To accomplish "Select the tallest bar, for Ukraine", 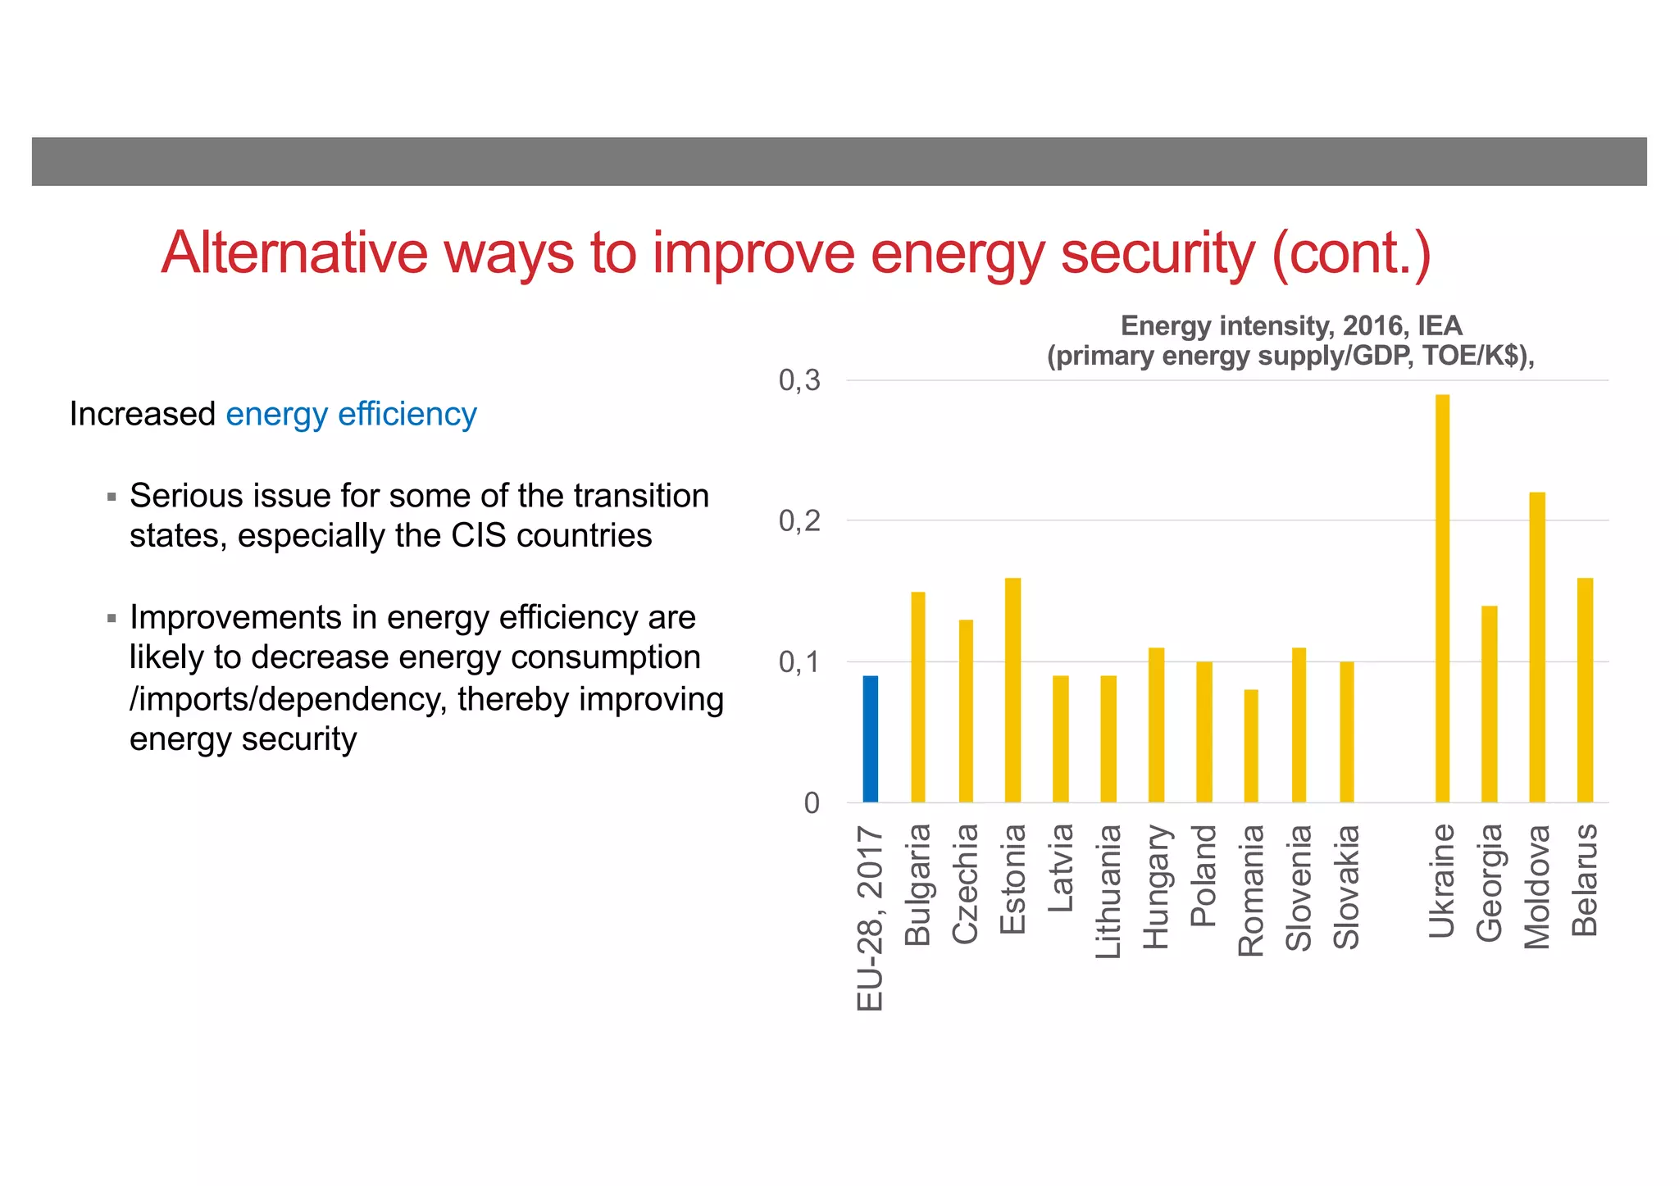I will (1442, 598).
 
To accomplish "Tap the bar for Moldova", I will (1537, 647).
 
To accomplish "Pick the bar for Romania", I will (1251, 745).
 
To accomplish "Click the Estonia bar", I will (1013, 689).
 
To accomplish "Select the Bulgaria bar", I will (918, 697).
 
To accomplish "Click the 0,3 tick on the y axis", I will (799, 380).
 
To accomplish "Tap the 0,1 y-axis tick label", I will (799, 662).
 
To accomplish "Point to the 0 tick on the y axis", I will (812, 803).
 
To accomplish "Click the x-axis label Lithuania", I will (1108, 892).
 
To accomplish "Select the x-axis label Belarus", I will (1586, 880).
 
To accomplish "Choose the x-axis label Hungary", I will (1156, 887).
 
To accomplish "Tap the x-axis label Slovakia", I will (1347, 887).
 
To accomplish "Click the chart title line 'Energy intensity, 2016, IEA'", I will (1291, 326).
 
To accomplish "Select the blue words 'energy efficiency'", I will (351, 414).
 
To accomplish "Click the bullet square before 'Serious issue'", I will (112, 497).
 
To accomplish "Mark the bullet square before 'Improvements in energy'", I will (112, 618).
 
